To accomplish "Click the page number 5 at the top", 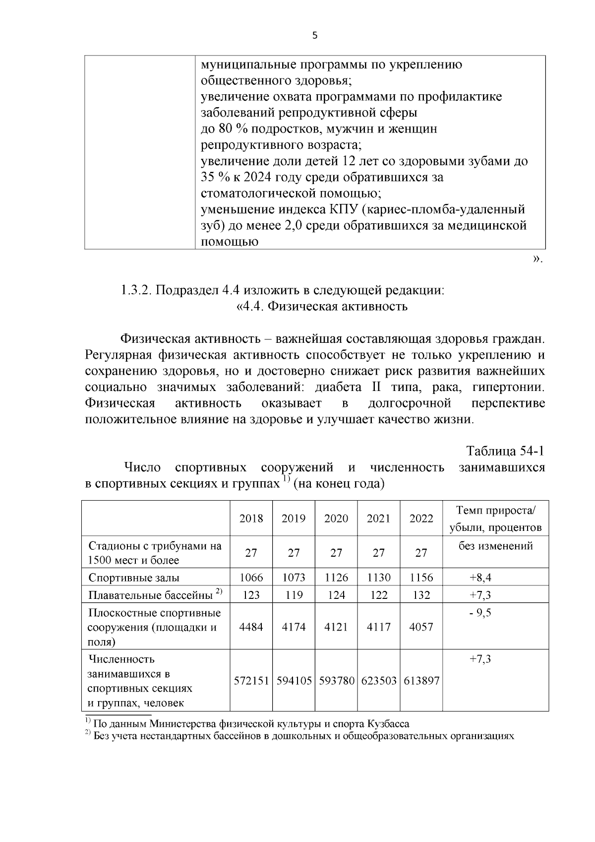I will [x=314, y=35].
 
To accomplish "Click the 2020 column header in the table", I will [x=336, y=518].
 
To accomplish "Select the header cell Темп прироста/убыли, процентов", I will [x=495, y=519].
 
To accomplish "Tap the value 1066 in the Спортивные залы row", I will [x=251, y=578].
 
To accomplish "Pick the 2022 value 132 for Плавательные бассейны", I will [x=421, y=595].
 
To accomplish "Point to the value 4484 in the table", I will [x=251, y=627].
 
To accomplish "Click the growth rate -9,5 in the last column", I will [x=480, y=613].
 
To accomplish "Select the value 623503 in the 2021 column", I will [x=379, y=681].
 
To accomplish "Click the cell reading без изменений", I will [x=495, y=546].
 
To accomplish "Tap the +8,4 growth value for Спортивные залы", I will [x=480, y=578].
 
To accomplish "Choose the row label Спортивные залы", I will [x=134, y=578].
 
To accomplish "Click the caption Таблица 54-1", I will [x=505, y=451].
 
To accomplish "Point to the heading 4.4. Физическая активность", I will [x=322, y=306].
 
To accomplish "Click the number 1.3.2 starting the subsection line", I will [x=136, y=290].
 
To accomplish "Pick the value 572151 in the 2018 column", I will [x=251, y=681].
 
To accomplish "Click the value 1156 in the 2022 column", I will [x=421, y=578].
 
